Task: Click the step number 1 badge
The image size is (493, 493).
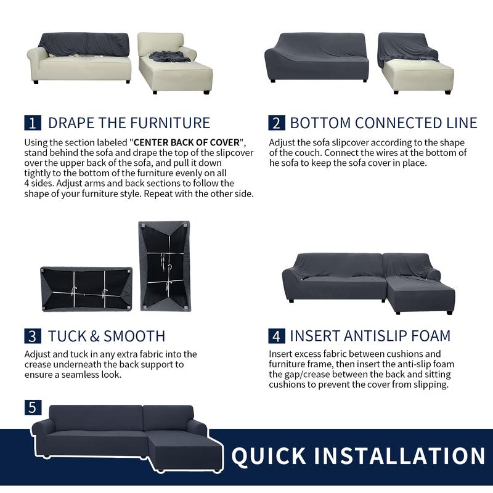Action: pyautogui.click(x=33, y=123)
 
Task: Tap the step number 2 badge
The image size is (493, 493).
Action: pyautogui.click(x=277, y=123)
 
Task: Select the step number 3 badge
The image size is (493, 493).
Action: pyautogui.click(x=33, y=336)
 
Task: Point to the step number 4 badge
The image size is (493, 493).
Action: pyautogui.click(x=277, y=336)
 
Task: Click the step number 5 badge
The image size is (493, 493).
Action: pyautogui.click(x=33, y=407)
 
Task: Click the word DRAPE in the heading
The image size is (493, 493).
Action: pyautogui.click(x=71, y=123)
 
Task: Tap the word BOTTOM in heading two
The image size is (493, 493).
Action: pyautogui.click(x=320, y=123)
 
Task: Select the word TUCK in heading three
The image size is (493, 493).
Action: pyautogui.click(x=67, y=336)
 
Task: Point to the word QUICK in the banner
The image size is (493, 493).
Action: pyautogui.click(x=269, y=455)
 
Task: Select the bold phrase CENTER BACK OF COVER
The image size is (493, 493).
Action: pyautogui.click(x=187, y=142)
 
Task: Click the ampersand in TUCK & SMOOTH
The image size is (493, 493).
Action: pyautogui.click(x=95, y=336)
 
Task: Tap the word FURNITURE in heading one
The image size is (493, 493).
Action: pyautogui.click(x=170, y=123)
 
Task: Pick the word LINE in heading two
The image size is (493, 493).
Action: pyautogui.click(x=462, y=123)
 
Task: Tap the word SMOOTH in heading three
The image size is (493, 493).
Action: pyautogui.click(x=134, y=336)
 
